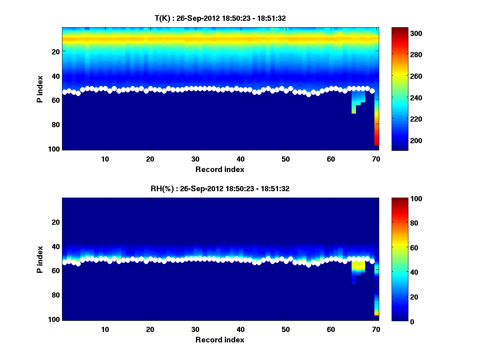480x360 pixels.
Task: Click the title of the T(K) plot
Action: [220, 18]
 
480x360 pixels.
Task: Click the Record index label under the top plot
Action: [220, 169]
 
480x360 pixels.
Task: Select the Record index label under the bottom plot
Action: [220, 340]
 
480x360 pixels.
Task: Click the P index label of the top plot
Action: [40, 89]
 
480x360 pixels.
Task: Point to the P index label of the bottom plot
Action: [40, 259]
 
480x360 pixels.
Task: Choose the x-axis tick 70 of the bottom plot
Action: [376, 329]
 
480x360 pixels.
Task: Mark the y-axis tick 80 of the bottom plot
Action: [56, 295]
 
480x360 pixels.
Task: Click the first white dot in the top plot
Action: [64, 92]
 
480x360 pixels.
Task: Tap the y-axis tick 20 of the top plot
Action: [56, 51]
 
